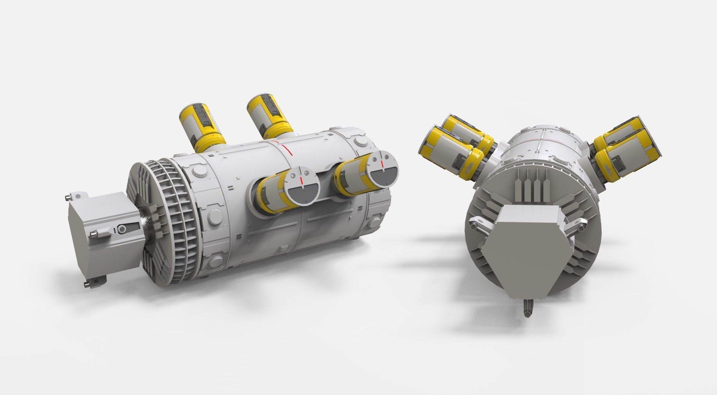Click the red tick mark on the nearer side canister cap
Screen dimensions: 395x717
[x=302, y=180]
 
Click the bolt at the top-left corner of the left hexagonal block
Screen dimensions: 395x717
[x=67, y=198]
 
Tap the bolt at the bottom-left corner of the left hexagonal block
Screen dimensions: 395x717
[x=87, y=283]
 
